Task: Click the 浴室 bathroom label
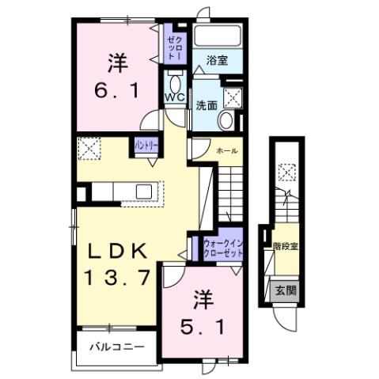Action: (218, 60)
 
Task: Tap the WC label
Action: (174, 97)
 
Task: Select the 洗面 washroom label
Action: (208, 104)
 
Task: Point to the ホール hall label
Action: (227, 149)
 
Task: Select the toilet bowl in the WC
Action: (174, 82)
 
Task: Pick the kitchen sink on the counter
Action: (144, 191)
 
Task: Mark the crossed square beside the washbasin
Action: (233, 97)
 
